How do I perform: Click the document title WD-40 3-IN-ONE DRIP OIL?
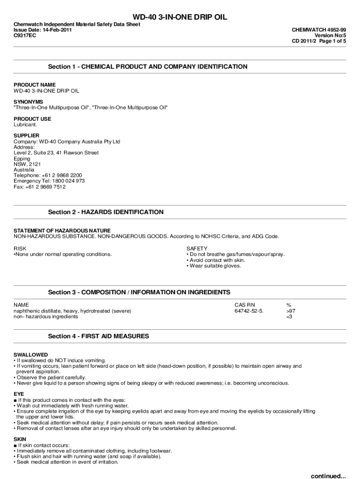(x=180, y=17)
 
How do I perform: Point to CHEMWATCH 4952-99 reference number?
(x=319, y=29)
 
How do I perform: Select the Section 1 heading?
(x=148, y=67)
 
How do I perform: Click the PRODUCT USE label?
(x=32, y=119)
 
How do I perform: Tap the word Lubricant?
(x=25, y=124)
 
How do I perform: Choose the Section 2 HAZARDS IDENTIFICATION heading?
(x=106, y=212)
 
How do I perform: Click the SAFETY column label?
(x=197, y=248)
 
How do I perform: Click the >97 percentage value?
(x=290, y=311)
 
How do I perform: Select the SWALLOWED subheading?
(x=31, y=355)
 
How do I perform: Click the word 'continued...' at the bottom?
(x=329, y=476)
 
